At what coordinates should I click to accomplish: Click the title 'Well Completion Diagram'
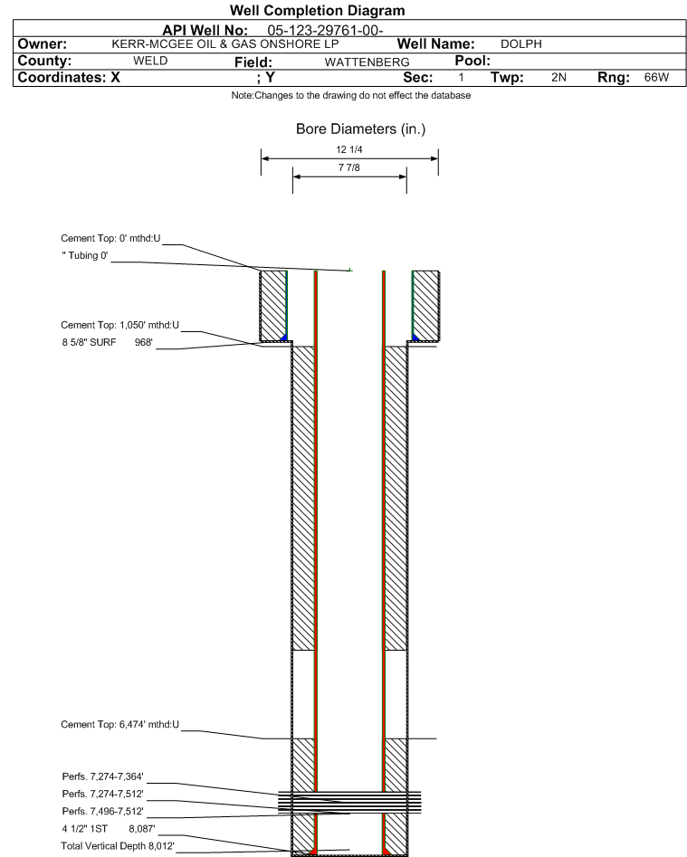pos(317,10)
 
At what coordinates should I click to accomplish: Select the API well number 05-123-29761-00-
pos(325,31)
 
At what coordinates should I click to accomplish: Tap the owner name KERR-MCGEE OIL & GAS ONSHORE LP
pos(225,44)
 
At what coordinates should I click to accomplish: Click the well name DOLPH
pos(520,44)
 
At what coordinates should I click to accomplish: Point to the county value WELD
pos(150,61)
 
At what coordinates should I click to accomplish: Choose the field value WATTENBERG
pos(367,62)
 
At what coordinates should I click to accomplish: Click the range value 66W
pos(656,77)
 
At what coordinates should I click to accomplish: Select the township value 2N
pos(558,77)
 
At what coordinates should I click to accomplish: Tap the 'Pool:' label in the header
pos(472,61)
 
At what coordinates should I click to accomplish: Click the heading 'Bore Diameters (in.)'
pos(361,129)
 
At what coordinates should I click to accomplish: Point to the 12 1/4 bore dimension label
pos(349,149)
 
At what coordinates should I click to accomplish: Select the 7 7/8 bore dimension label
pos(349,167)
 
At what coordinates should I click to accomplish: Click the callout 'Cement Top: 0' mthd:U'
pos(110,238)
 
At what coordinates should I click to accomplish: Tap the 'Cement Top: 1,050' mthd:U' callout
pos(119,325)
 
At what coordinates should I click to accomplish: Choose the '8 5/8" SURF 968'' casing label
pos(107,343)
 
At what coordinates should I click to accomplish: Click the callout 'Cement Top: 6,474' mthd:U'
pos(119,725)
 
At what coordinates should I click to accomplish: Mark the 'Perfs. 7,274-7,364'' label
pos(103,776)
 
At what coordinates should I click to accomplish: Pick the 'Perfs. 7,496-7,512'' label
pos(103,811)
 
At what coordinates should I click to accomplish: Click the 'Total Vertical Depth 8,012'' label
pos(118,846)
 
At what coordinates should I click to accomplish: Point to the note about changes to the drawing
pos(351,95)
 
